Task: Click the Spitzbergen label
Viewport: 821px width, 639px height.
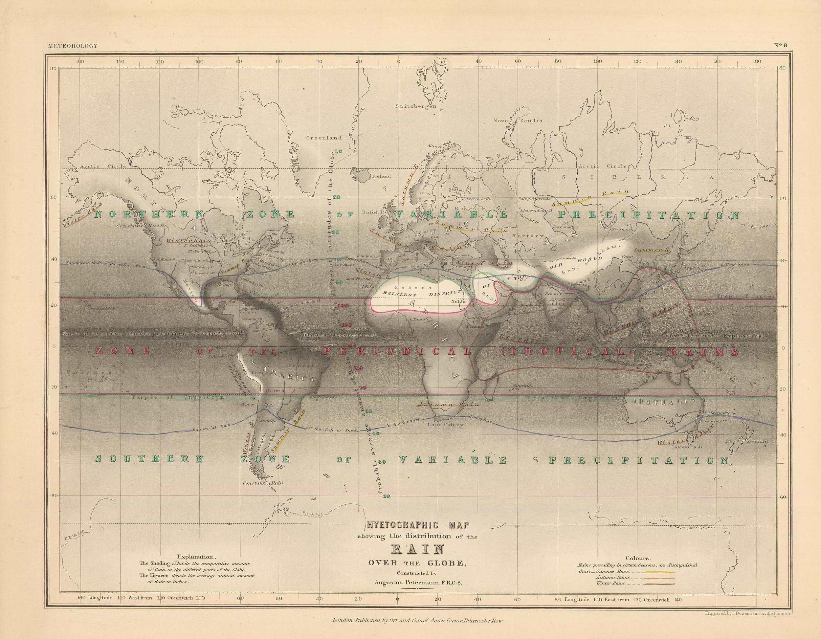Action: pyautogui.click(x=416, y=106)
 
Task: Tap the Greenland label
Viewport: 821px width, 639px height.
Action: pyautogui.click(x=324, y=138)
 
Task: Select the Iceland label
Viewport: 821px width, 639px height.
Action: pyautogui.click(x=381, y=176)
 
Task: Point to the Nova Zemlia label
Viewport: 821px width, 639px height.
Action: pyautogui.click(x=518, y=121)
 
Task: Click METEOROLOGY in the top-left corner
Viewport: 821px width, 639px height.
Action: pyautogui.click(x=73, y=46)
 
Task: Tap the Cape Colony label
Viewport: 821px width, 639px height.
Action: pyautogui.click(x=445, y=425)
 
